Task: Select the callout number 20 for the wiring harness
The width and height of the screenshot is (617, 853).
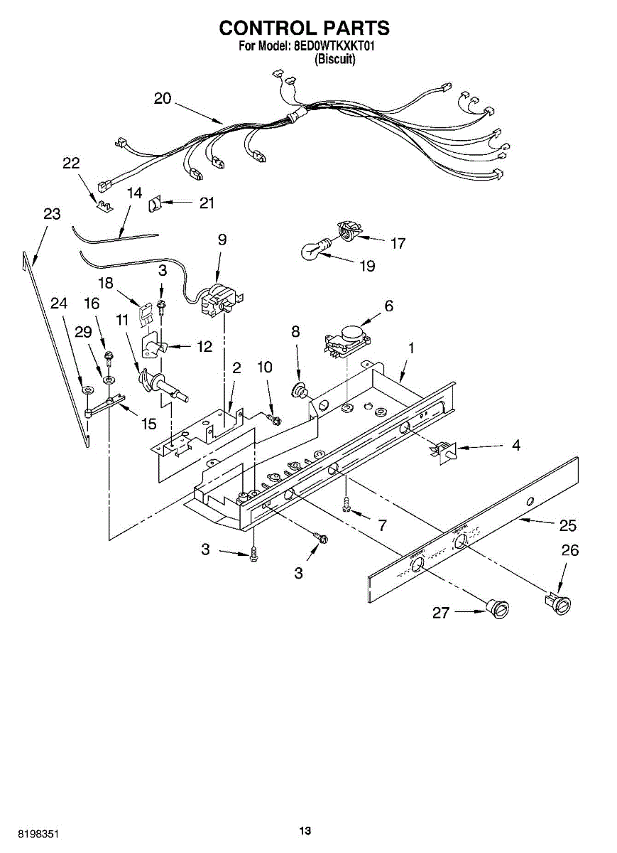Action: pyautogui.click(x=163, y=99)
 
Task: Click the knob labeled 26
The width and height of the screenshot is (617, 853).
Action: pyautogui.click(x=558, y=603)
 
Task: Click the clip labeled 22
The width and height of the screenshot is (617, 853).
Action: pyautogui.click(x=105, y=206)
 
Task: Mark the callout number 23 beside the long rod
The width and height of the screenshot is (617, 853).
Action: pyautogui.click(x=52, y=214)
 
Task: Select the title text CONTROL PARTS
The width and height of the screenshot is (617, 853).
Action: pyautogui.click(x=304, y=28)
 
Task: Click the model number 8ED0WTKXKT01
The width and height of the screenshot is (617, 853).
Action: pyautogui.click(x=334, y=45)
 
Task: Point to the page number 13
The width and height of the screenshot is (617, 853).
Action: pyautogui.click(x=305, y=831)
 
